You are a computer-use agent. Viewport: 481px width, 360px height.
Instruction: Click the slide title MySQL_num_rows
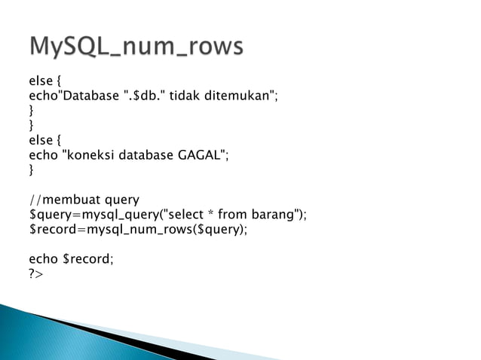pyautogui.click(x=136, y=47)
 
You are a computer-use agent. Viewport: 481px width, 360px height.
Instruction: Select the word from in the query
pyautogui.click(x=235, y=215)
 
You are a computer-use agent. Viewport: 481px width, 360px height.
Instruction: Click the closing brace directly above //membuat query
pyautogui.click(x=32, y=170)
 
